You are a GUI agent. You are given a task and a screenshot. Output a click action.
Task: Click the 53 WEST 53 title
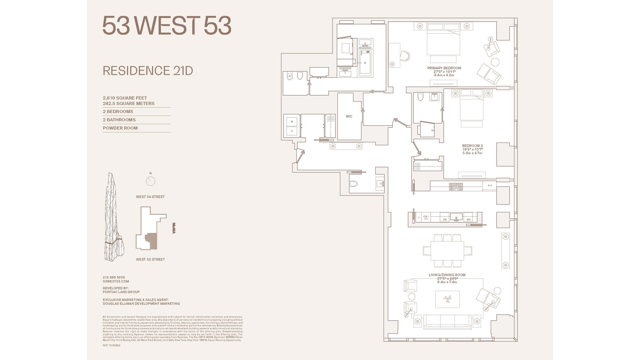tap(167, 26)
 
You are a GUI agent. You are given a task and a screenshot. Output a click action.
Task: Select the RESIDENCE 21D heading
tap(148, 71)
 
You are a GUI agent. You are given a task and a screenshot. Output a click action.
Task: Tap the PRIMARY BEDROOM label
tap(444, 68)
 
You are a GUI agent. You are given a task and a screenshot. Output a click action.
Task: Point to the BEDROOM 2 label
tap(472, 146)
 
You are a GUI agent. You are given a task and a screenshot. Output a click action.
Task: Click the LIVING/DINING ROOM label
tap(447, 275)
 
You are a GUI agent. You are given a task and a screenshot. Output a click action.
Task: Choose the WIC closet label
tap(349, 116)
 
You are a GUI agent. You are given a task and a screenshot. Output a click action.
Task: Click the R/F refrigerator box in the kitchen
tap(490, 186)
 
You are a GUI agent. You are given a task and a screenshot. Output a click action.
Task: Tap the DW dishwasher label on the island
tap(445, 220)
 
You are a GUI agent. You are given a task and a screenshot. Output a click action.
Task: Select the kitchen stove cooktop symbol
tap(456, 187)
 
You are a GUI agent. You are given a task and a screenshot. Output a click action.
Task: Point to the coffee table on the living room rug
tap(447, 299)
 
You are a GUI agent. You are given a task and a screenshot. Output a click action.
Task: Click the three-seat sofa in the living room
tap(447, 322)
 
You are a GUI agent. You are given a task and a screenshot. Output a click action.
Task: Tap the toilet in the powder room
tap(353, 184)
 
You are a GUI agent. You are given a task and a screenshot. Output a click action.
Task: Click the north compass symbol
tap(150, 181)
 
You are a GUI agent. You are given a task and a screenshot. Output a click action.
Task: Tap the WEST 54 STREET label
tap(150, 197)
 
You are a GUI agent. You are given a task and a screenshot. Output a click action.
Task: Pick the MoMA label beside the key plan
tap(174, 228)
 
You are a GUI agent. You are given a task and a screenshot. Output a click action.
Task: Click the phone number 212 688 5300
tap(114, 277)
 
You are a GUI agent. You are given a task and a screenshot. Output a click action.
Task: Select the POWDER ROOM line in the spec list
tap(120, 128)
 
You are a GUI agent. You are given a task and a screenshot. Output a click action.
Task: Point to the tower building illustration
tap(114, 217)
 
